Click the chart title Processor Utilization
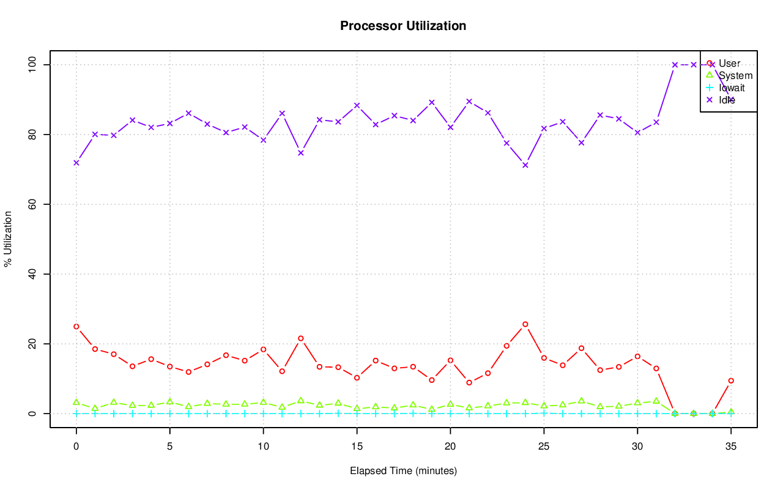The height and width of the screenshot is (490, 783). pos(403,26)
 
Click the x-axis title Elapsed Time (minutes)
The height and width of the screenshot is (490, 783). pos(403,471)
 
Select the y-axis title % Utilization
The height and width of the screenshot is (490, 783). pos(8,239)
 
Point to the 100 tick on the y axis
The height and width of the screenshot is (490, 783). pos(32,64)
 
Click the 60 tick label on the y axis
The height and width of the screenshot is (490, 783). pos(32,204)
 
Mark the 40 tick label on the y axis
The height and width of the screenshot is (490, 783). pos(32,274)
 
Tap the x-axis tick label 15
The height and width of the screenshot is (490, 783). pos(357,447)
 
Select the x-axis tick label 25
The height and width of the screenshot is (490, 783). pos(544,447)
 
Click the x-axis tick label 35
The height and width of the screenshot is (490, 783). pos(731,447)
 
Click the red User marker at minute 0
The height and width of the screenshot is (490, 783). pos(76,327)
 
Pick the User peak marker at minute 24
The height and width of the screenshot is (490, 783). pos(525,324)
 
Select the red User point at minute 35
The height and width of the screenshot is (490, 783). pos(731,380)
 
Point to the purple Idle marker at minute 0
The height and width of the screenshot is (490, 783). pos(76,163)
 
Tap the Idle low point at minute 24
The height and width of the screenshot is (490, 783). pos(525,165)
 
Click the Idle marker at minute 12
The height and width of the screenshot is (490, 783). pos(301,153)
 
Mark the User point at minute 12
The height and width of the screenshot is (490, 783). pos(301,338)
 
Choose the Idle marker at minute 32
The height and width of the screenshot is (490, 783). pos(675,65)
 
